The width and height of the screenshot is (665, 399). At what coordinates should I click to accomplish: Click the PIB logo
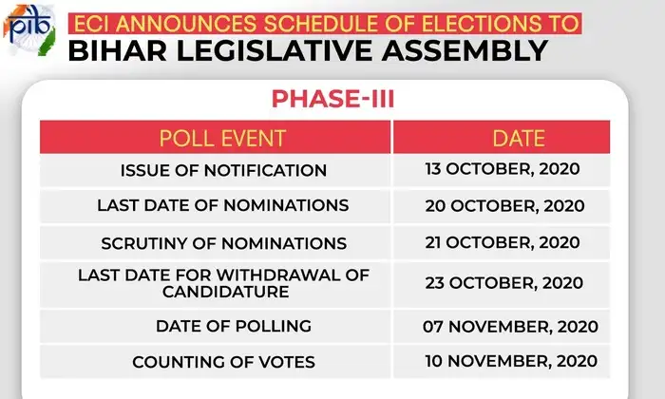[x=28, y=29]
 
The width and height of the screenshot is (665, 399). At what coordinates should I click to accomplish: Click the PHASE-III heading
[x=332, y=99]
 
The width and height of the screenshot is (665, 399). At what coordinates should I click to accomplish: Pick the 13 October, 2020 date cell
[x=502, y=170]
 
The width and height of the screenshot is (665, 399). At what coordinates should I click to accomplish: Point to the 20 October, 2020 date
[x=504, y=206]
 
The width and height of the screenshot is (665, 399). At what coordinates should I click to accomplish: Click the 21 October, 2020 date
[x=503, y=242]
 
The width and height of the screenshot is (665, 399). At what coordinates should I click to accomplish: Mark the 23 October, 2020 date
[x=504, y=283]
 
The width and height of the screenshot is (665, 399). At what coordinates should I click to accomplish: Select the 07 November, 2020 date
[x=510, y=327]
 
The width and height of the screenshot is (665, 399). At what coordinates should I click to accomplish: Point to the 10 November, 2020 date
[x=511, y=361]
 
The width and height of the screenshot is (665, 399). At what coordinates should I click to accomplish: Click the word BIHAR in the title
[x=118, y=50]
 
